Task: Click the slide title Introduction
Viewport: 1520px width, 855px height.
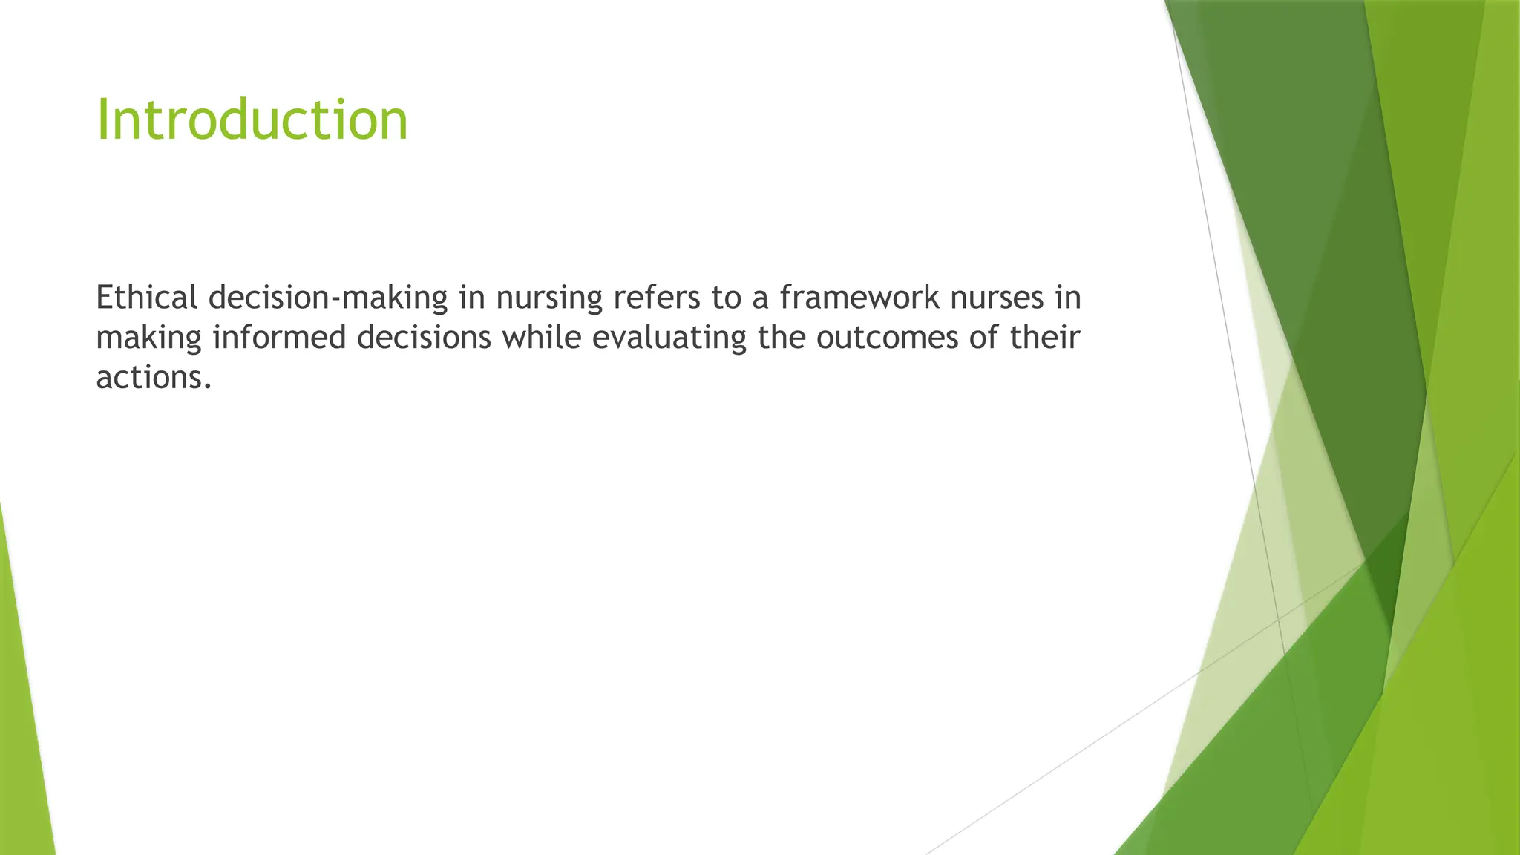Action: coord(252,120)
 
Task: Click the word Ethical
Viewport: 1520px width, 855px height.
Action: coord(146,298)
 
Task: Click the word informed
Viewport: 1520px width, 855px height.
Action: coord(279,338)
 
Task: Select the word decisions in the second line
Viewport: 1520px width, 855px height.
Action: coord(424,338)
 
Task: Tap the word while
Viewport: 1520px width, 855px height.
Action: coord(541,338)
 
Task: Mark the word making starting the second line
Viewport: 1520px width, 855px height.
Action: coord(148,338)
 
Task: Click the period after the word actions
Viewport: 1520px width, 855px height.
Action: coord(208,386)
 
